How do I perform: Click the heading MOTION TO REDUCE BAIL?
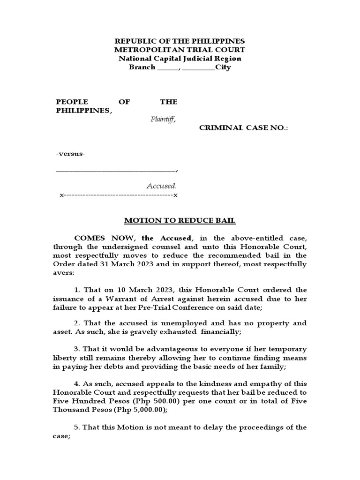coord(180,220)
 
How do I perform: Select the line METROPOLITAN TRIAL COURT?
coord(180,50)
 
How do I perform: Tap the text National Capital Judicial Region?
coord(180,59)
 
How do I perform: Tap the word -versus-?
coord(71,154)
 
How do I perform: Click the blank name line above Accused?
coord(116,171)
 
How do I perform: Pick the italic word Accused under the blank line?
coord(161,186)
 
